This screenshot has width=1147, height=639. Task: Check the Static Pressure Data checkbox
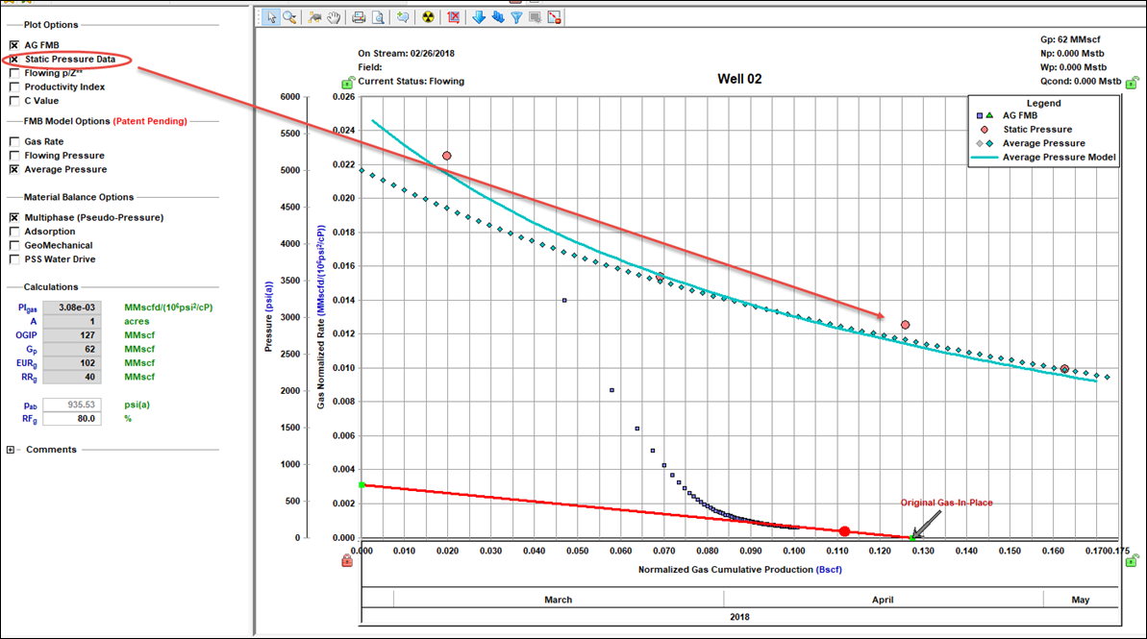tap(14, 59)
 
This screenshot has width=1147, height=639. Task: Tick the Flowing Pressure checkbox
tap(14, 156)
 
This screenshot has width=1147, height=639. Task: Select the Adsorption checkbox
tap(14, 232)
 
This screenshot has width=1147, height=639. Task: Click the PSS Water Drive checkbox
tap(14, 258)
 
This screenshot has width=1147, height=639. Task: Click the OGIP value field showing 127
tap(72, 335)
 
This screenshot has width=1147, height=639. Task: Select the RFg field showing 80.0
tap(72, 419)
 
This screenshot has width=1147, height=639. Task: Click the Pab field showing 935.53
tap(72, 405)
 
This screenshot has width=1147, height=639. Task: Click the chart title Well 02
tap(739, 79)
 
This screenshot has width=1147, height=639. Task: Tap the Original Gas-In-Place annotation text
tap(945, 503)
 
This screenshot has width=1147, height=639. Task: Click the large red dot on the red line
tap(844, 531)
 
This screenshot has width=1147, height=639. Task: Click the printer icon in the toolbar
tap(359, 17)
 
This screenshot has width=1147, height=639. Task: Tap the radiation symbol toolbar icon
tap(428, 17)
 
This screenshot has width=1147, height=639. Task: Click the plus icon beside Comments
tap(11, 450)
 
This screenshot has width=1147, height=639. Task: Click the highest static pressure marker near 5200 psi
tap(446, 156)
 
